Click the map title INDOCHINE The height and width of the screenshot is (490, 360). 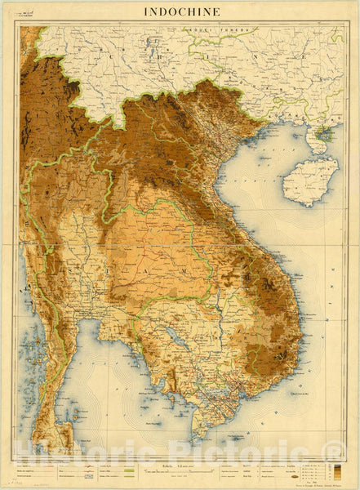(180, 11)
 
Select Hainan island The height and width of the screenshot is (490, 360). (309, 181)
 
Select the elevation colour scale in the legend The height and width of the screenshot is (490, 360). (330, 471)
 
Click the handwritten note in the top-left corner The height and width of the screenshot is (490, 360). (33, 11)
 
